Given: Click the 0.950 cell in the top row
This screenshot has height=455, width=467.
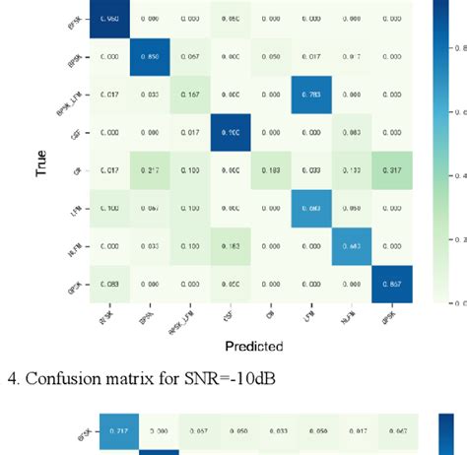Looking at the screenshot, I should coord(111,19).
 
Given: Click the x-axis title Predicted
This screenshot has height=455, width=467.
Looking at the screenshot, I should coord(254,346).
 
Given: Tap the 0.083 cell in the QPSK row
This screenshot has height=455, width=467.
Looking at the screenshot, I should coord(111,284).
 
